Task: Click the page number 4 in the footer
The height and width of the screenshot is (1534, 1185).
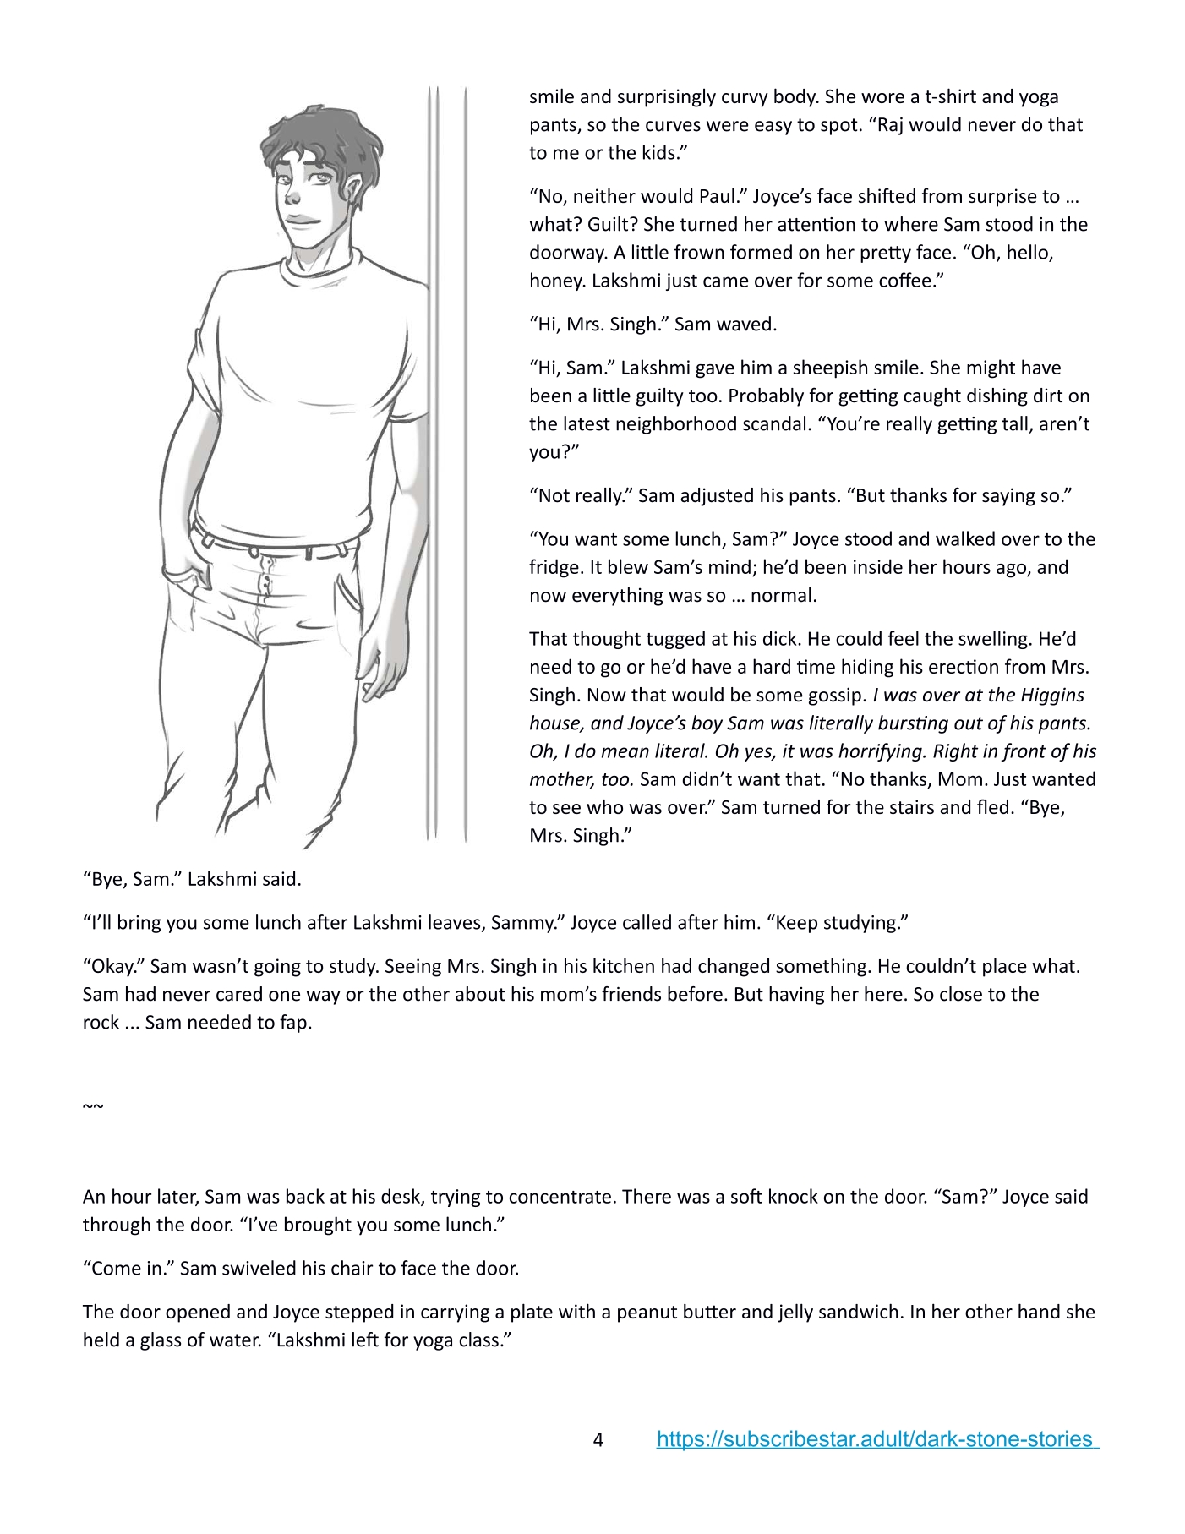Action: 598,1440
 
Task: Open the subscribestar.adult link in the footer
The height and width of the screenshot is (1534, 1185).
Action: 877,1439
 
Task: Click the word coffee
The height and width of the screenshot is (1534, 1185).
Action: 909,281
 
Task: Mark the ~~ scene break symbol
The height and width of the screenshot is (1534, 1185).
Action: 93,1106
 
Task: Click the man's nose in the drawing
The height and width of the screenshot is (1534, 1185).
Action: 292,197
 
